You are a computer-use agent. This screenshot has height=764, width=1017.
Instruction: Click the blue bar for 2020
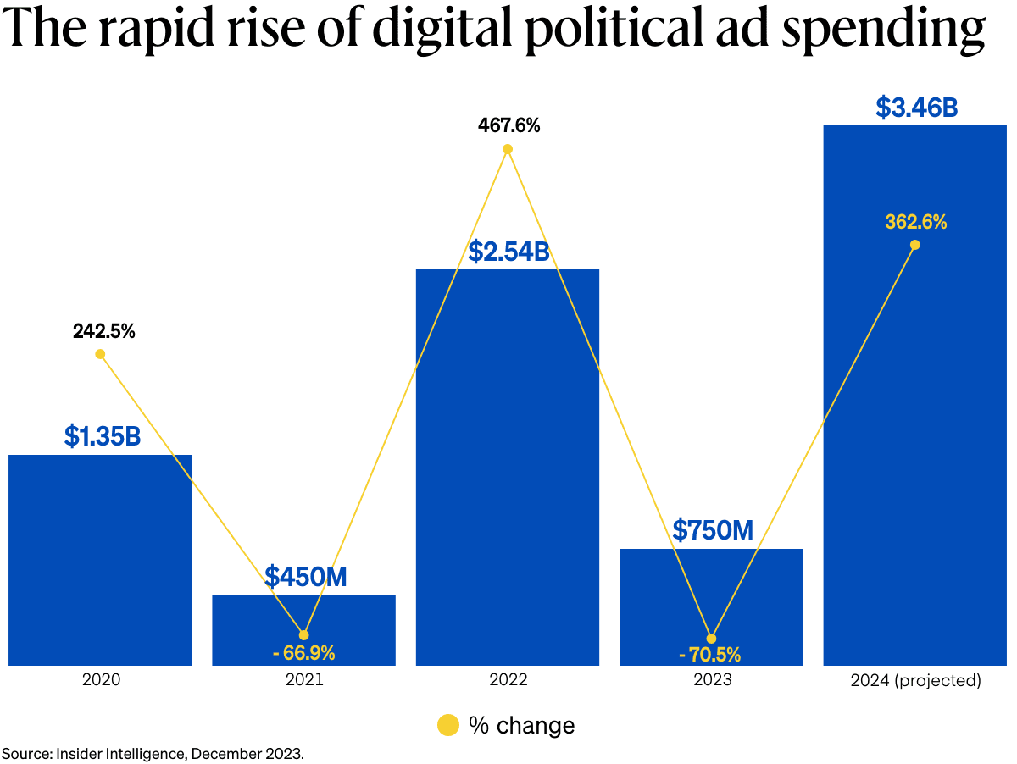100,559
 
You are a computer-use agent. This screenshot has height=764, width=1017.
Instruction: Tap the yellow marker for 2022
508,149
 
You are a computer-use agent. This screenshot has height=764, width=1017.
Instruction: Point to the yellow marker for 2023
711,638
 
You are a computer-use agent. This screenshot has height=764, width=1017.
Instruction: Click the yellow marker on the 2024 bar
914,245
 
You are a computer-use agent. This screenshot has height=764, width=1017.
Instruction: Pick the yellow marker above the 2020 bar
100,354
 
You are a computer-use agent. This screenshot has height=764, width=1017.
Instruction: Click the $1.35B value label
102,436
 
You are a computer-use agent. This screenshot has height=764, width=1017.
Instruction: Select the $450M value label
305,577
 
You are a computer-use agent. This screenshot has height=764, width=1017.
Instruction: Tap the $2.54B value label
508,252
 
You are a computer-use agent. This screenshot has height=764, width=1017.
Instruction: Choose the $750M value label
713,530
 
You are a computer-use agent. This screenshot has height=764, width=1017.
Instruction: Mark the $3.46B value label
916,108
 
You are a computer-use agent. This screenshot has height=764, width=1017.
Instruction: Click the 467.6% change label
508,126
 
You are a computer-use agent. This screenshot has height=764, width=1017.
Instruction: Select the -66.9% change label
304,653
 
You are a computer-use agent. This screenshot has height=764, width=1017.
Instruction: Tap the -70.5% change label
710,655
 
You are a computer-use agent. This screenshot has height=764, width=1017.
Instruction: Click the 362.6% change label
916,223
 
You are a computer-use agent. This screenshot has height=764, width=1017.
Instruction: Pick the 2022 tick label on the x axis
508,680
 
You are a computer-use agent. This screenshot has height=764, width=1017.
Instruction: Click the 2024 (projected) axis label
915,680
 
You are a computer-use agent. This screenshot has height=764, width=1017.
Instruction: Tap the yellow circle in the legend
447,725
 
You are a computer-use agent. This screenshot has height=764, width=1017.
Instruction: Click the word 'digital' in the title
436,30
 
